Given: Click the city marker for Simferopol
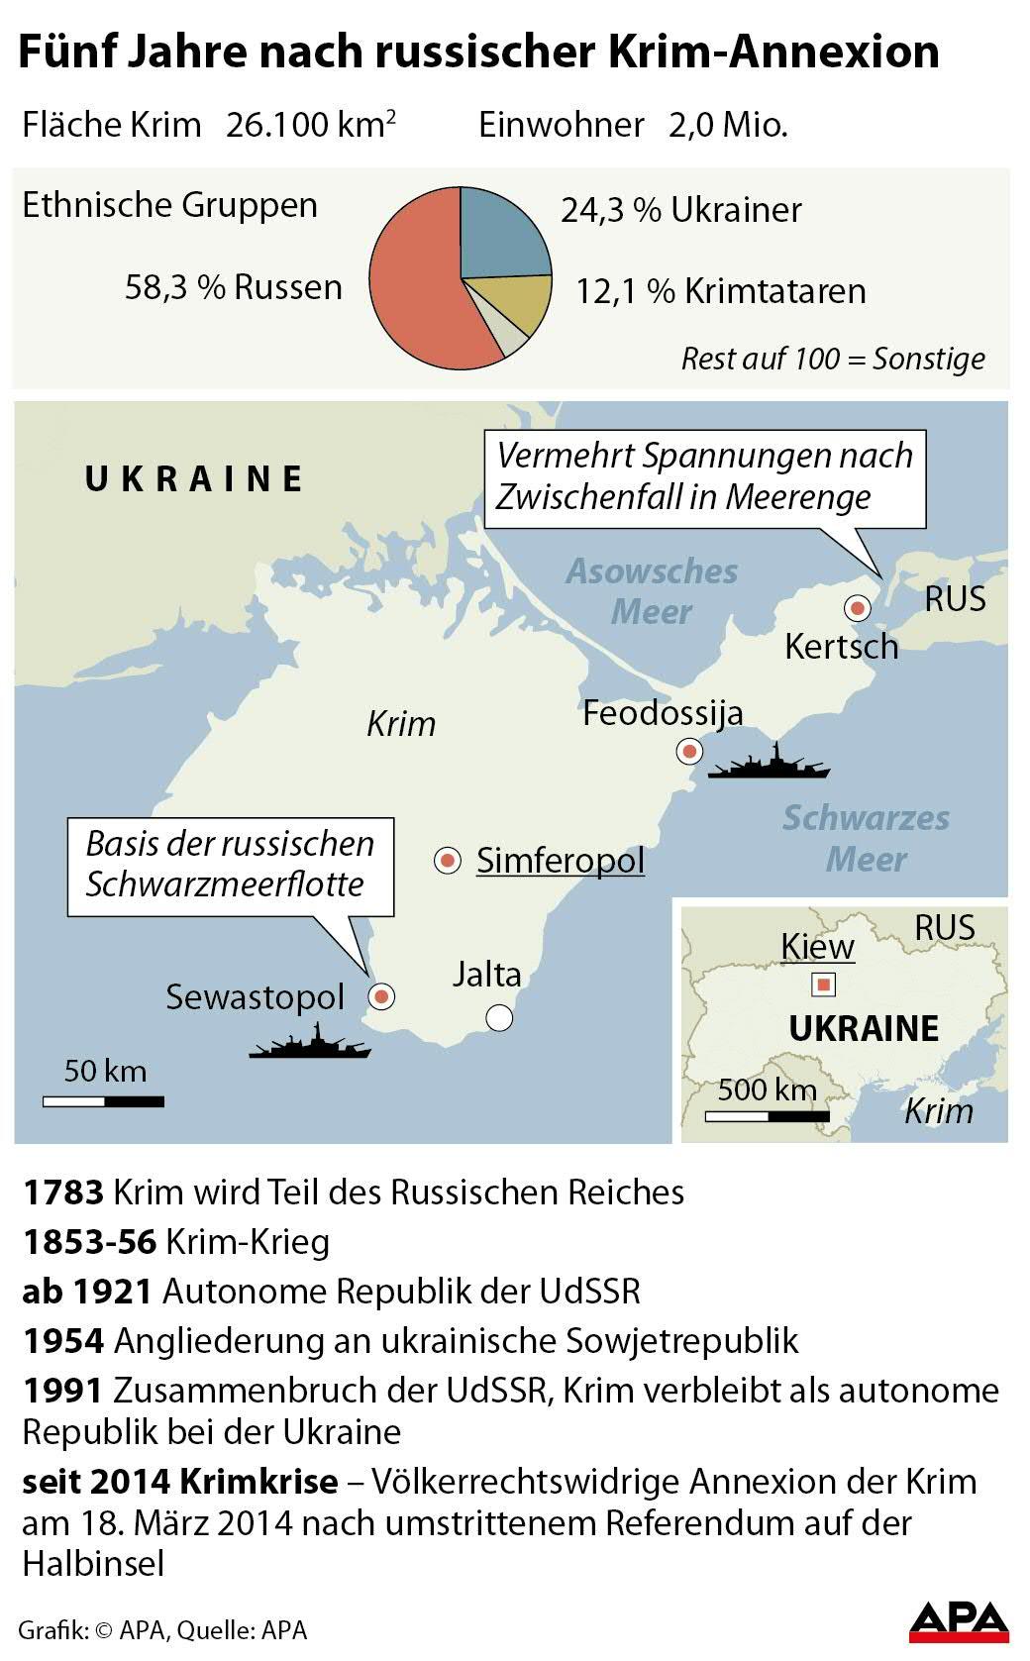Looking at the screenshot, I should (448, 861).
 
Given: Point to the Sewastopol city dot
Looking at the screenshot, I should (380, 995).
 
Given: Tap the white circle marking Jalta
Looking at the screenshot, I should (499, 1016).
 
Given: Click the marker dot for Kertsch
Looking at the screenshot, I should (857, 607).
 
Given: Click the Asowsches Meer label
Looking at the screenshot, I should (651, 591).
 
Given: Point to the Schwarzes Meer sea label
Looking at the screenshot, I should (866, 838).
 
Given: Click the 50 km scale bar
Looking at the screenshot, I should (103, 1100).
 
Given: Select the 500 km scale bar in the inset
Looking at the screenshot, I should (768, 1116).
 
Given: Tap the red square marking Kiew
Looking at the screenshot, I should (823, 985).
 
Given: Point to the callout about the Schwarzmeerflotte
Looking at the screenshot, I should (230, 865).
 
